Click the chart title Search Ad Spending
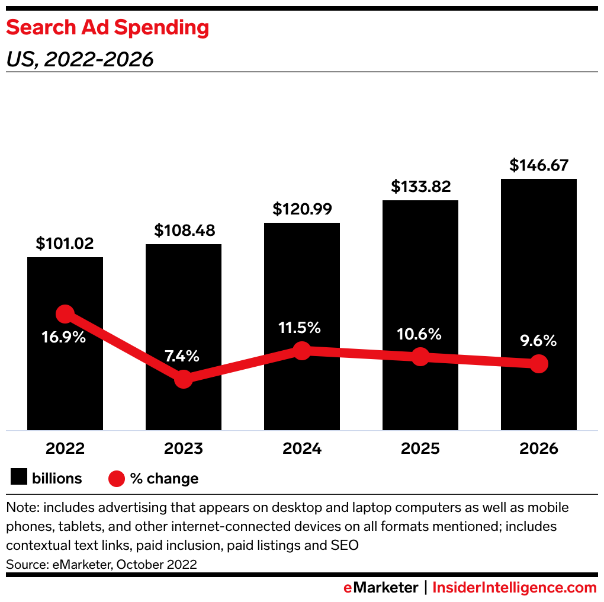(107, 28)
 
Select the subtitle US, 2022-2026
(79, 59)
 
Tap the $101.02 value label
(65, 244)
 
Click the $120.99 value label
(301, 209)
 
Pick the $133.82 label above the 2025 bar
(420, 187)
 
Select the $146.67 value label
(538, 165)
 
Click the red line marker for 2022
(65, 314)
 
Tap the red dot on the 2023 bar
(184, 379)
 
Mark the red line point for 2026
(538, 364)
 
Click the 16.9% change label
(64, 337)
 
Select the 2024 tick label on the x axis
(301, 449)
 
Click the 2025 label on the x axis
(420, 449)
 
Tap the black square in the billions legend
(19, 478)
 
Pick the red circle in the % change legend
(116, 478)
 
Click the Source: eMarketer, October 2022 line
(101, 565)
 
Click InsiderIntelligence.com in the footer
(514, 588)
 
